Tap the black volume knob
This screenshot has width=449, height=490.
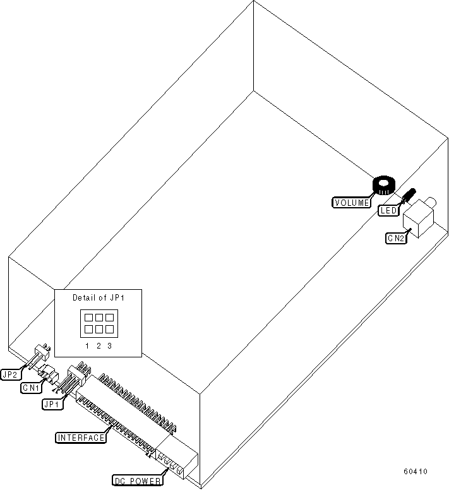tap(383, 186)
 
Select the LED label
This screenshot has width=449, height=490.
tap(388, 211)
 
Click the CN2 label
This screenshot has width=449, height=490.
tap(396, 238)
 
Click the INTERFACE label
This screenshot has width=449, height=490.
tap(81, 438)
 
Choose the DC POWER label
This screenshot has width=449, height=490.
tap(137, 481)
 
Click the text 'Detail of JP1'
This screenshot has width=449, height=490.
tap(98, 297)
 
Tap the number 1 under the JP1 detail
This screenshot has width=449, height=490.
tap(88, 345)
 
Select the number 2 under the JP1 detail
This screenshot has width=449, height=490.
tap(99, 345)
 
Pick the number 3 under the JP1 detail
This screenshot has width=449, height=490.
tap(109, 345)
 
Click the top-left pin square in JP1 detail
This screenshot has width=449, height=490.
tap(88, 318)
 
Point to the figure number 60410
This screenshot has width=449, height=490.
tap(416, 472)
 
